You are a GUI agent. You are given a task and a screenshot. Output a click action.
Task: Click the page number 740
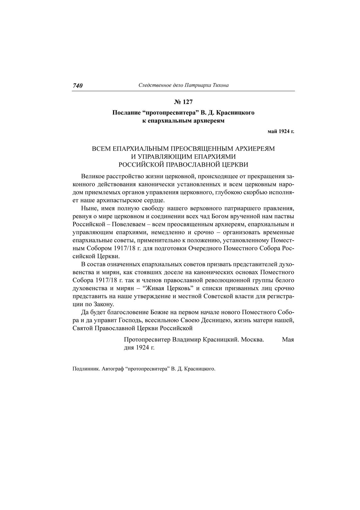pos(78,86)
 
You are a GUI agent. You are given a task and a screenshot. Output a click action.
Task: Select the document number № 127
pos(183,102)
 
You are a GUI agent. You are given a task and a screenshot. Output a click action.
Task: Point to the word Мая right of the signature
pos(288,340)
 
